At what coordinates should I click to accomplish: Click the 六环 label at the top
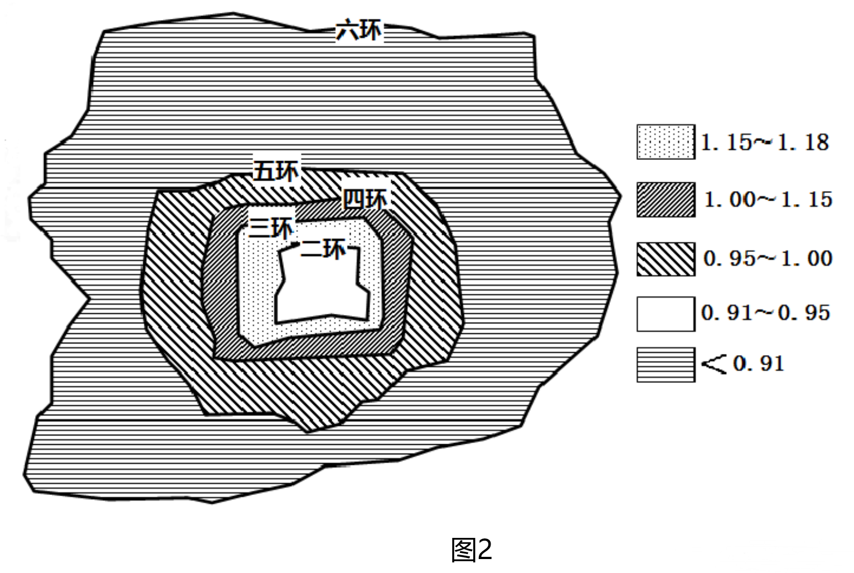tap(359, 30)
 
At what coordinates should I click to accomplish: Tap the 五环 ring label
tap(276, 171)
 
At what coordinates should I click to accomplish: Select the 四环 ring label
tap(365, 198)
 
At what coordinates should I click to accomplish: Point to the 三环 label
tap(271, 227)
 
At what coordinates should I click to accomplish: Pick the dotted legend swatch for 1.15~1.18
tap(666, 142)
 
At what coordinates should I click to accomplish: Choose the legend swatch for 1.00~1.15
tap(666, 200)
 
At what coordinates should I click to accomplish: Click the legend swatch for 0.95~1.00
tap(666, 259)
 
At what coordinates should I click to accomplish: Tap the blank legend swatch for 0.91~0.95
tap(666, 314)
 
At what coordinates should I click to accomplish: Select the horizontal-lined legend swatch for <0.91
tap(666, 365)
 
